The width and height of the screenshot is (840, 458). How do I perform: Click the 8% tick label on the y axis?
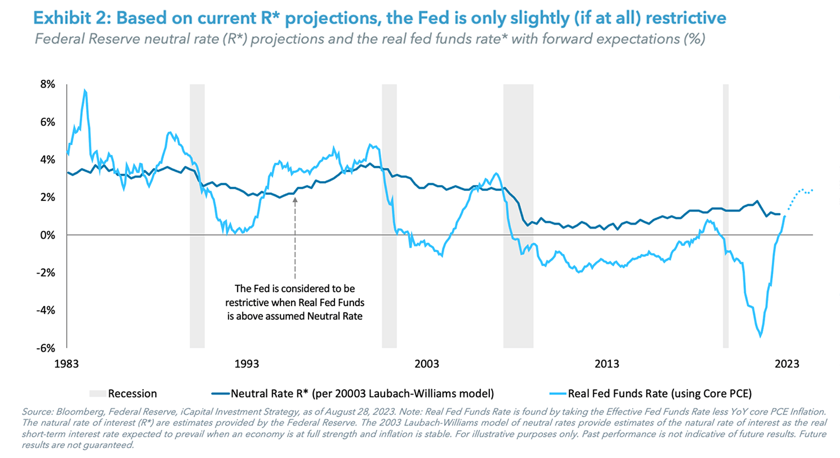coord(48,84)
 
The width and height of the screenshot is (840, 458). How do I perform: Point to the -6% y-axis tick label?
coord(46,348)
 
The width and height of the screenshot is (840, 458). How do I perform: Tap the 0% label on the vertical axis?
coord(48,235)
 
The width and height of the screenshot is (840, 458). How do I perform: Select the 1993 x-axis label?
coord(246,364)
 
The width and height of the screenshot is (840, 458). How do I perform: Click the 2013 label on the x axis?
coord(607,364)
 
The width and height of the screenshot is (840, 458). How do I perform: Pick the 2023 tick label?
coord(787,364)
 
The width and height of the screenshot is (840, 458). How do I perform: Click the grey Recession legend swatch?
coord(97,393)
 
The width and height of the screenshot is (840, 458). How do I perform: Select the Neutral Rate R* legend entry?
coord(353,393)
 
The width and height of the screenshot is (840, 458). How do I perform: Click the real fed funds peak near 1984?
coord(85,91)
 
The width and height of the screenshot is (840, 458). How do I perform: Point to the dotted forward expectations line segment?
coord(801,191)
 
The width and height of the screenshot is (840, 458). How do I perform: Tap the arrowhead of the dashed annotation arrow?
coord(295,200)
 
